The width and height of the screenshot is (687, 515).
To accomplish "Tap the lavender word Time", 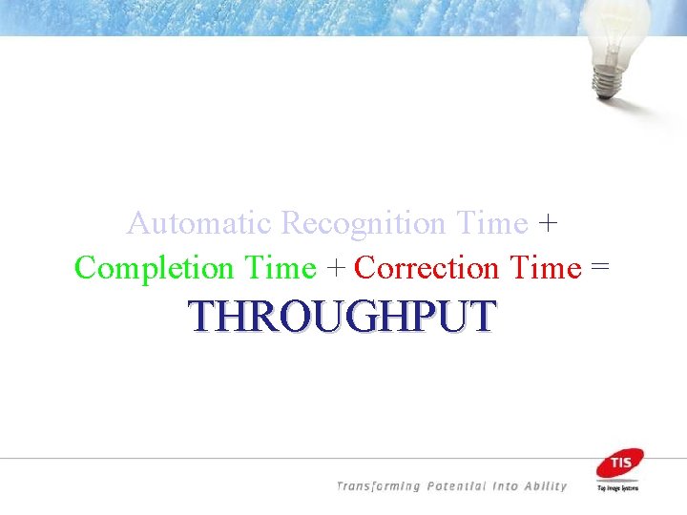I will pos(491,224).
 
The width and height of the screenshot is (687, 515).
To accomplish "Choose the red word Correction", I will pos(427,269).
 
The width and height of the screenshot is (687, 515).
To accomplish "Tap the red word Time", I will pos(546,269).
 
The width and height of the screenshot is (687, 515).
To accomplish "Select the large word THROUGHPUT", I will pos(343,316).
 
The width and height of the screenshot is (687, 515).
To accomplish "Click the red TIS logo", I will pos(619,463).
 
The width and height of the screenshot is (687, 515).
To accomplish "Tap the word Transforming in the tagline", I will pos(379,486).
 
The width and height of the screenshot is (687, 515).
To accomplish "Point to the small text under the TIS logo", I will pos(619,487).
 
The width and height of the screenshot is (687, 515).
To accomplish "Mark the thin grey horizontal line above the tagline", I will pos(286,459).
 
